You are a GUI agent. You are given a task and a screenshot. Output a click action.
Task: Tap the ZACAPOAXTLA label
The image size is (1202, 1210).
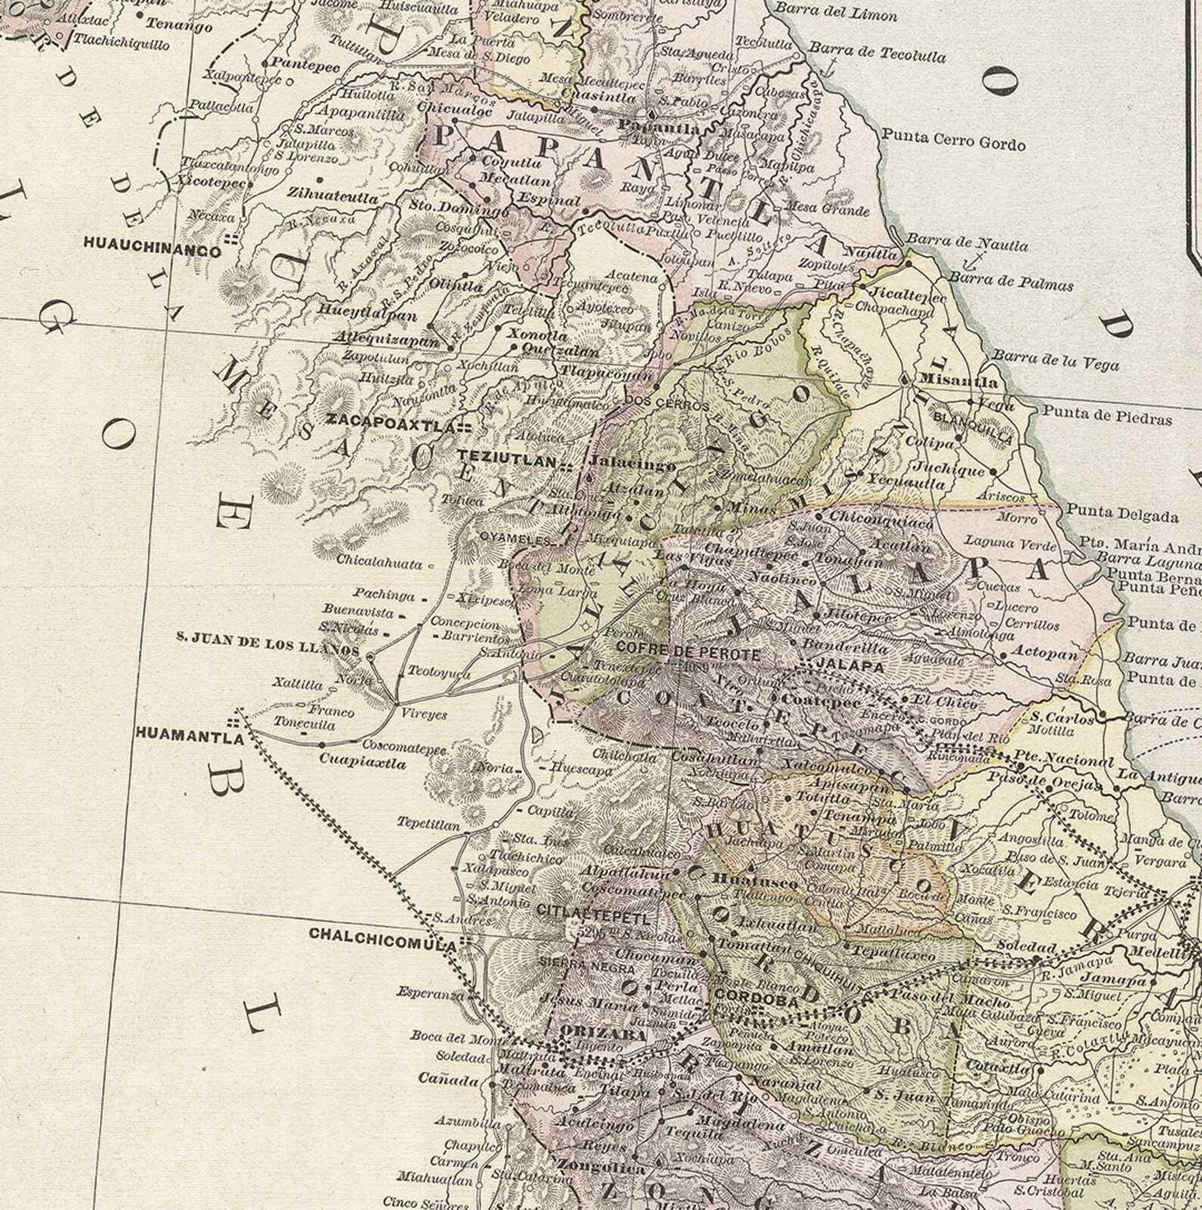(389, 426)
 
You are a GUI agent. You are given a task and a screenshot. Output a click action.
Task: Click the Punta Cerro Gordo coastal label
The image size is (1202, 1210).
(954, 142)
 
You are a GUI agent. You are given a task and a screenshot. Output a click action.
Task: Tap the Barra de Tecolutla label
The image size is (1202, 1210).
(877, 52)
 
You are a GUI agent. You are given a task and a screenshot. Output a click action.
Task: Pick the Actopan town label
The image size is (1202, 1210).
(1043, 653)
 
